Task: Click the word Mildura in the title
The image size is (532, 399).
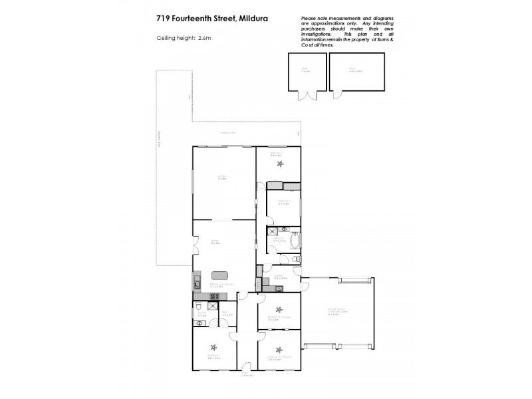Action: [x=250, y=19]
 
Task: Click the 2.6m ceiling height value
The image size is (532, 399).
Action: [x=204, y=38]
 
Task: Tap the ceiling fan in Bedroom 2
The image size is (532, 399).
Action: [x=280, y=163]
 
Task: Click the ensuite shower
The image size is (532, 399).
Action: [x=212, y=306]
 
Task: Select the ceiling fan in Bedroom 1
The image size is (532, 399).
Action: [x=213, y=346]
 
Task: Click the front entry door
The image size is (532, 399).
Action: [x=245, y=366]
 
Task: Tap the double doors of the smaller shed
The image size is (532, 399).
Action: [x=307, y=96]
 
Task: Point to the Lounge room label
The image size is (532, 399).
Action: [x=222, y=177]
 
